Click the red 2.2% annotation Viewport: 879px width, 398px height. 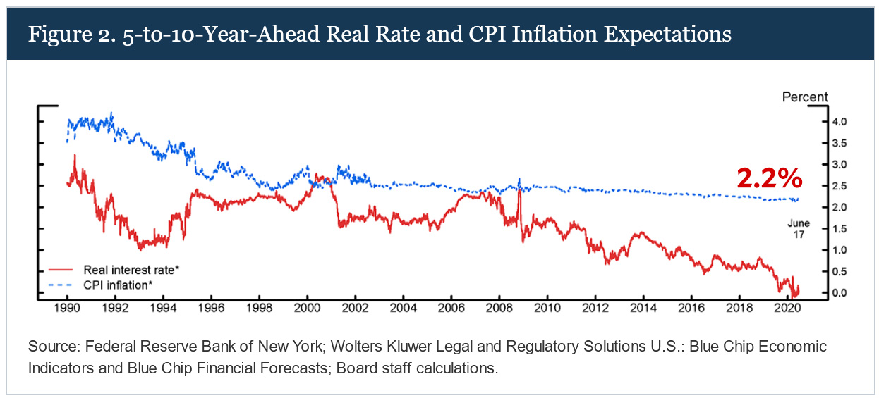pos(770,179)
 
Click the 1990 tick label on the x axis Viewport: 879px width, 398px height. pos(66,309)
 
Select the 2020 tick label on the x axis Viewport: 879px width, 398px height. pos(787,309)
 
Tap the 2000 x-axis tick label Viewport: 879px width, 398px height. pos(306,309)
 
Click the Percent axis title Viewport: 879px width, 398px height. pos(805,97)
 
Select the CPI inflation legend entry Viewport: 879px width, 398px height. pos(116,284)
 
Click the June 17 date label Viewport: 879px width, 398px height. pos(799,228)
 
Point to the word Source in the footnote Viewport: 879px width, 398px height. pos(49,347)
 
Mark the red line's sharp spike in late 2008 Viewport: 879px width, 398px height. pos(519,192)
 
